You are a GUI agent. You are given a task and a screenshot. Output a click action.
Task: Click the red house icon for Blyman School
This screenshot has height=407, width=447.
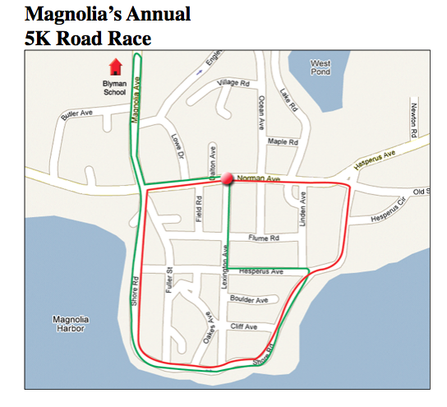pyautogui.click(x=115, y=66)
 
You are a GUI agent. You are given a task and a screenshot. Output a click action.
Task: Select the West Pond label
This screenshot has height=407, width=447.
pyautogui.click(x=321, y=67)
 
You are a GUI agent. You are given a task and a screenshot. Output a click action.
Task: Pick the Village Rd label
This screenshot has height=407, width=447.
pyautogui.click(x=233, y=84)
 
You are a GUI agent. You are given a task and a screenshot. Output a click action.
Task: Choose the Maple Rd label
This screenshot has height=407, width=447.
pyautogui.click(x=282, y=142)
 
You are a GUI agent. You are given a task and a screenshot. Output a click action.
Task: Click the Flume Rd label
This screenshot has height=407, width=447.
pyautogui.click(x=264, y=238)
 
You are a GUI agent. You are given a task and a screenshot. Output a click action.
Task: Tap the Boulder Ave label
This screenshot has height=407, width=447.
pyautogui.click(x=249, y=300)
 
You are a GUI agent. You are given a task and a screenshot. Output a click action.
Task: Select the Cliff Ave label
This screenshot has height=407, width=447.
pyautogui.click(x=245, y=327)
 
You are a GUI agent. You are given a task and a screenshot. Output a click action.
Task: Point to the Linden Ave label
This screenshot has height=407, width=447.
pyautogui.click(x=302, y=207)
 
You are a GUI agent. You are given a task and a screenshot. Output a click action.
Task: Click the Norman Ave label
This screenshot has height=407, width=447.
pyautogui.click(x=254, y=178)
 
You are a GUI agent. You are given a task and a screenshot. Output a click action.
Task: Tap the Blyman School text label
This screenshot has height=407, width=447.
pyautogui.click(x=115, y=88)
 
